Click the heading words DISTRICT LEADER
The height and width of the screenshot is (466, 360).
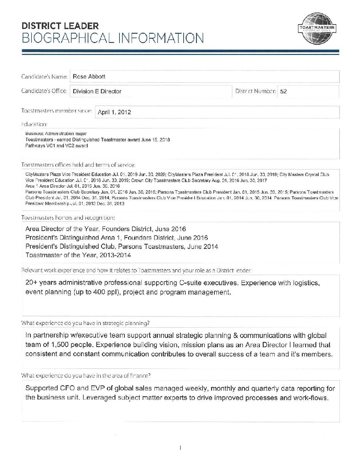point(60,26)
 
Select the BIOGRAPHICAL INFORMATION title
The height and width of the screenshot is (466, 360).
point(112,38)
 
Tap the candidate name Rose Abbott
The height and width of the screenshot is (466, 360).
point(89,76)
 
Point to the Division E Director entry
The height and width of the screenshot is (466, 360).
point(97,91)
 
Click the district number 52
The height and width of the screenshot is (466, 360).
point(283,92)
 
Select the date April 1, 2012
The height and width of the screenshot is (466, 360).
point(114,112)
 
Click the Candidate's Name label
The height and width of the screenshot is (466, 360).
point(44,76)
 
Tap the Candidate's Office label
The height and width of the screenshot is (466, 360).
point(44,91)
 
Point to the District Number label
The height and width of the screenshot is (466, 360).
point(255,91)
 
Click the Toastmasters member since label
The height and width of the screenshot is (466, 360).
point(56,111)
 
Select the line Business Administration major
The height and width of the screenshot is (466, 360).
point(56,134)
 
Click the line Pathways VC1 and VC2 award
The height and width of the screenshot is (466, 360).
point(57,146)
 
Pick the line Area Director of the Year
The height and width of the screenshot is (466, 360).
point(106,229)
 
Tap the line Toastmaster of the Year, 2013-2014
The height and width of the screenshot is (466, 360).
point(78,255)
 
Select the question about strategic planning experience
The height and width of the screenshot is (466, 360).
point(85,323)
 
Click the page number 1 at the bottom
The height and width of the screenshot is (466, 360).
point(180,448)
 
